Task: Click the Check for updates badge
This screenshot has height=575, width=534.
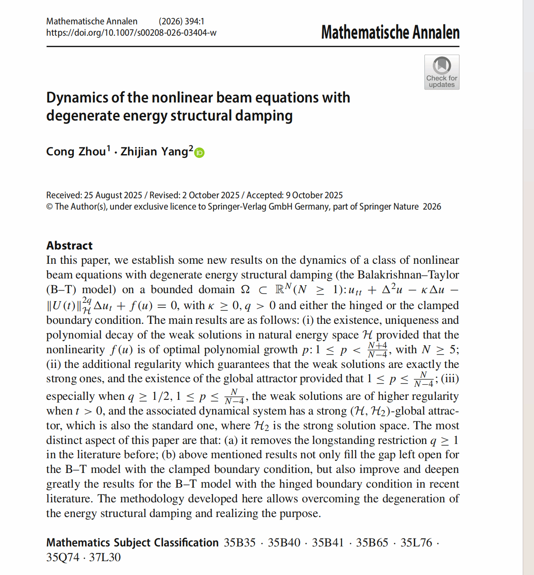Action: pos(442,72)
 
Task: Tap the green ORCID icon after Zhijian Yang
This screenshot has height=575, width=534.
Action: pos(200,153)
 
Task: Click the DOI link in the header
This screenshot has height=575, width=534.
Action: pos(131,33)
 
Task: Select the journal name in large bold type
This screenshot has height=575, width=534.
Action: pos(390,32)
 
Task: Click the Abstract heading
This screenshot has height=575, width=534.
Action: pos(69,245)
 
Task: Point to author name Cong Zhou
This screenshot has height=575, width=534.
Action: pos(76,151)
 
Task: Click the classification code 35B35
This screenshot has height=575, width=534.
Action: pos(239,543)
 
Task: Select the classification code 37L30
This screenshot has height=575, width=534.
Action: pos(105,557)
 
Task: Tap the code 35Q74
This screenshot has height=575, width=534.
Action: pos(63,557)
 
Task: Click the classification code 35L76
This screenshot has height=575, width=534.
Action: pos(416,543)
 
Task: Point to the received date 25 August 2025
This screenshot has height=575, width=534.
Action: pos(113,195)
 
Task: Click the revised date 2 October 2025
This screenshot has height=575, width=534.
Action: pos(211,195)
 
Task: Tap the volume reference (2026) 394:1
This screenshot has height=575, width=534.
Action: pos(181,21)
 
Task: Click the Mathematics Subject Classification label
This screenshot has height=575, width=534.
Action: pos(132,543)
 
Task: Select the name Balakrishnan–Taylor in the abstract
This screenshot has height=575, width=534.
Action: pos(408,275)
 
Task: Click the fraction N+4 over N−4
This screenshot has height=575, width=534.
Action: pos(377,350)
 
